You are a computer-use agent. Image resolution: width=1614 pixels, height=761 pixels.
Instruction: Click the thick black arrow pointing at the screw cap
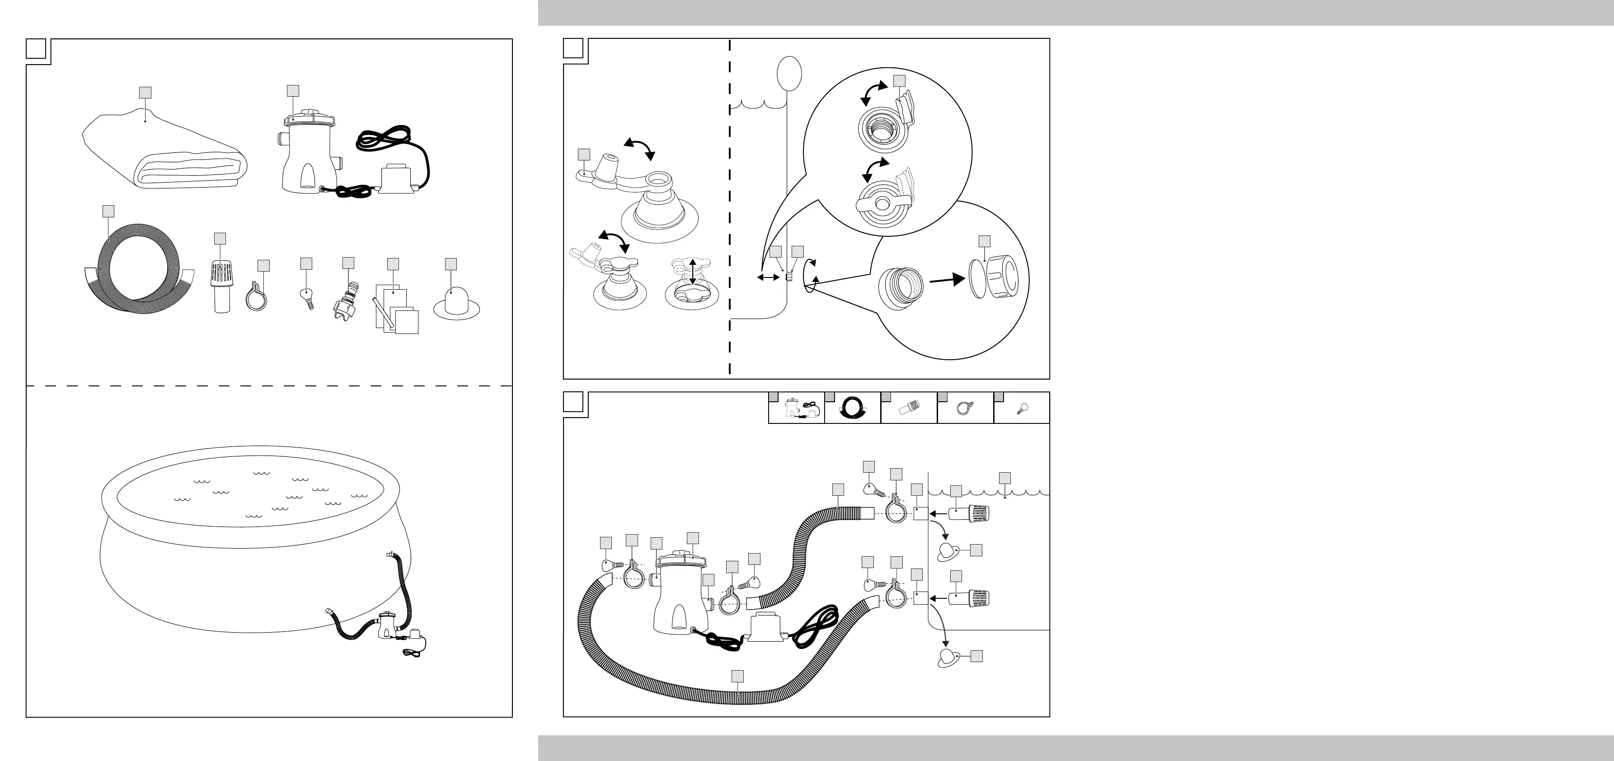click(x=946, y=280)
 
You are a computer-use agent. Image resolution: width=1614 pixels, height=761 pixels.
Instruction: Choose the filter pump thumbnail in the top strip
click(x=796, y=409)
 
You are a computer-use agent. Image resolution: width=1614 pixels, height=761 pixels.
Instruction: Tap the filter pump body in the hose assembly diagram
click(x=680, y=602)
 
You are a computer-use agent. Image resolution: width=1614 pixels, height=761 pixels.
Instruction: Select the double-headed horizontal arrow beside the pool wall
click(x=768, y=277)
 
